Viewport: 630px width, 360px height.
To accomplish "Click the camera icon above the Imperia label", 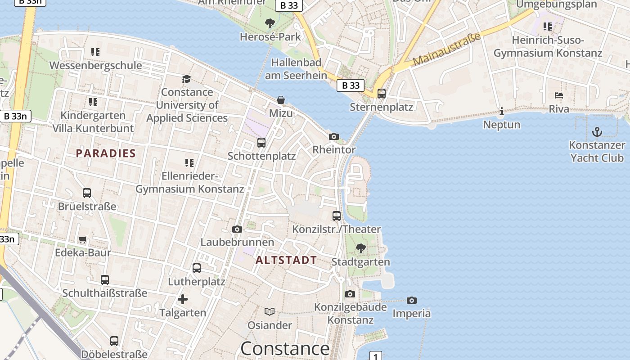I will coord(411,300).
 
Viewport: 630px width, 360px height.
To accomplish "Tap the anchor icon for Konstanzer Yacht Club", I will coord(597,132).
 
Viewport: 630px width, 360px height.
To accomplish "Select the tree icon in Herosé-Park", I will coord(270,23).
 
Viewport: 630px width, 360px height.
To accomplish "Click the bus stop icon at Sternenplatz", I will coord(382,94).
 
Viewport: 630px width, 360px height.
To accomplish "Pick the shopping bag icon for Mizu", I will coord(281,99).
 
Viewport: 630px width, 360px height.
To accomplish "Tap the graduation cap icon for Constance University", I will coord(186,79).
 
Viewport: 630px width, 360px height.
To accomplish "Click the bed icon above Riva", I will coord(559,95).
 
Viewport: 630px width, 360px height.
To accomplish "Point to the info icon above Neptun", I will coord(502,111).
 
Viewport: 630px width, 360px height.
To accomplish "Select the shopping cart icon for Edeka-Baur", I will coord(82,239).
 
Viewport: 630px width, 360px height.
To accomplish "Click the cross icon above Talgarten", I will coord(183,299).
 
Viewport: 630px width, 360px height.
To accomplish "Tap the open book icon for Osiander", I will coord(270,311).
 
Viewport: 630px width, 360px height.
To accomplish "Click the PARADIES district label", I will coord(106,153).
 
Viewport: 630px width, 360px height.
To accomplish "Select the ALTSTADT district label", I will coord(286,260).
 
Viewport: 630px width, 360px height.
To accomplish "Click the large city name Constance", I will coord(285,349).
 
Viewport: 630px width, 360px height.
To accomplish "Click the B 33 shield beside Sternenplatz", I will coord(351,85).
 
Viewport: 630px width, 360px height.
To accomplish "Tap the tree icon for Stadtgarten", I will coord(360,248).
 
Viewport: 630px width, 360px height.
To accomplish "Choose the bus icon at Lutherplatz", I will coord(197,268).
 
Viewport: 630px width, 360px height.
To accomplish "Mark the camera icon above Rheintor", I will coord(334,136).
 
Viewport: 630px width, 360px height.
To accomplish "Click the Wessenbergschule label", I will coord(95,65).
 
